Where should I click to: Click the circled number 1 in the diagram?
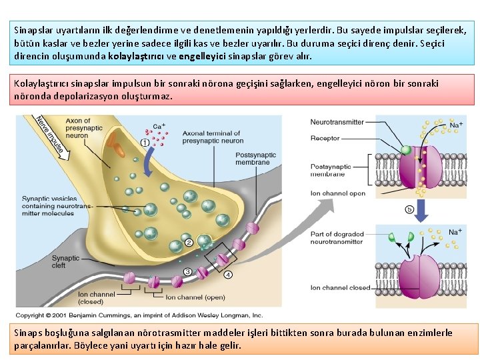[145, 143]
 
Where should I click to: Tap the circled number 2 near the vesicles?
[189, 243]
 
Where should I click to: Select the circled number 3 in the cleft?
[187, 271]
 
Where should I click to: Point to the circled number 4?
[228, 274]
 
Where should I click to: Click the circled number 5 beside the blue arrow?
[409, 209]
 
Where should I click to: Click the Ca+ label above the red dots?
[159, 126]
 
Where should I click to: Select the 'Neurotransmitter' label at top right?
[337, 122]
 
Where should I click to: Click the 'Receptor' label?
[325, 139]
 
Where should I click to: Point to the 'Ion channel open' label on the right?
[338, 193]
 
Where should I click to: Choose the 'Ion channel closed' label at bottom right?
[340, 288]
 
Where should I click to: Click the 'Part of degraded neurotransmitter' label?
[337, 238]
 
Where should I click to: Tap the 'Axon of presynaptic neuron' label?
[85, 128]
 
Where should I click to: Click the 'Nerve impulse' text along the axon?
[50, 133]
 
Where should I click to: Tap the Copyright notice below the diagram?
[139, 315]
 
